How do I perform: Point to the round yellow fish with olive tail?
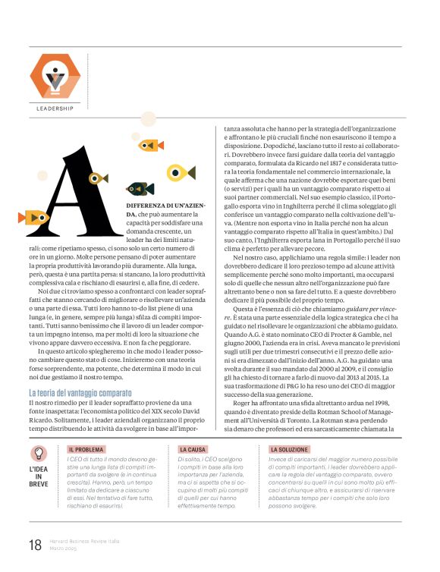click(180, 173)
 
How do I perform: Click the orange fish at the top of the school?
click(149, 144)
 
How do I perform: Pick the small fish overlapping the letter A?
click(98, 179)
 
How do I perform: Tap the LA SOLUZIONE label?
click(289, 450)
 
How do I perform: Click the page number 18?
click(35, 544)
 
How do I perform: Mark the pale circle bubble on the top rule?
click(147, 120)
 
